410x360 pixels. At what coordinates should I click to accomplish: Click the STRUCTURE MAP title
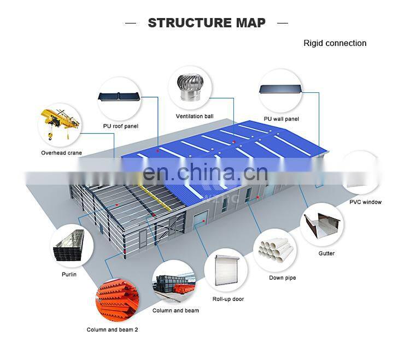coord(206,22)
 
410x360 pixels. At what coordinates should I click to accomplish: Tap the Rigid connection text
coord(335,43)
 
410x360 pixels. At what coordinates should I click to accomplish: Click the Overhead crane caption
coord(61,153)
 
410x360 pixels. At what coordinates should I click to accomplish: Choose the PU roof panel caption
coord(120,126)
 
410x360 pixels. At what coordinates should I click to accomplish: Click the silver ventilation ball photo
coord(190,87)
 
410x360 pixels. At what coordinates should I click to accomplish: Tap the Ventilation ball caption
coord(195,116)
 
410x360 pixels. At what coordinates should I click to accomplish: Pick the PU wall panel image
coord(281,90)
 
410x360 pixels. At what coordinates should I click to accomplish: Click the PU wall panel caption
coord(281,119)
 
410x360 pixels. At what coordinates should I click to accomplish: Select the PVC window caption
coord(365,202)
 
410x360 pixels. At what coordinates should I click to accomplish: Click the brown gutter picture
coord(323,226)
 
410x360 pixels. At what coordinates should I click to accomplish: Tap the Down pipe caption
coord(282,278)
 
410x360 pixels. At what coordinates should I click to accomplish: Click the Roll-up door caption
coord(228,299)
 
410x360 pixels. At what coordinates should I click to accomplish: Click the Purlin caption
coord(69,274)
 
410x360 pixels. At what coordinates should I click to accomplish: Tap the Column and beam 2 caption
coord(112,329)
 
